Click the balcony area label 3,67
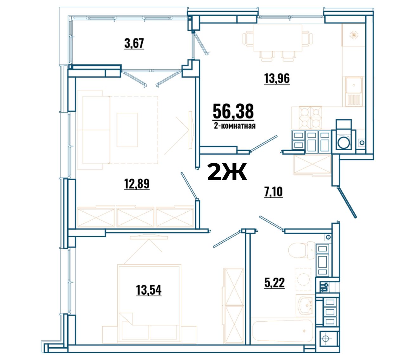click(134, 43)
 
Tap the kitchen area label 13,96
click(277, 78)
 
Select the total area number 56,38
click(233, 111)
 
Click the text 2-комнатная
click(235, 126)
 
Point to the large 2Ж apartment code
click(227, 171)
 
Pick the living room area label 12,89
click(137, 183)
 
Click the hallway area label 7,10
click(273, 192)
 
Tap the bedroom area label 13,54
click(149, 290)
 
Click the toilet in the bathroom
click(302, 250)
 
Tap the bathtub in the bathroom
click(283, 331)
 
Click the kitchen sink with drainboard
click(354, 92)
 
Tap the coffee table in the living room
click(127, 130)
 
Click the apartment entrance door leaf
click(347, 202)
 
